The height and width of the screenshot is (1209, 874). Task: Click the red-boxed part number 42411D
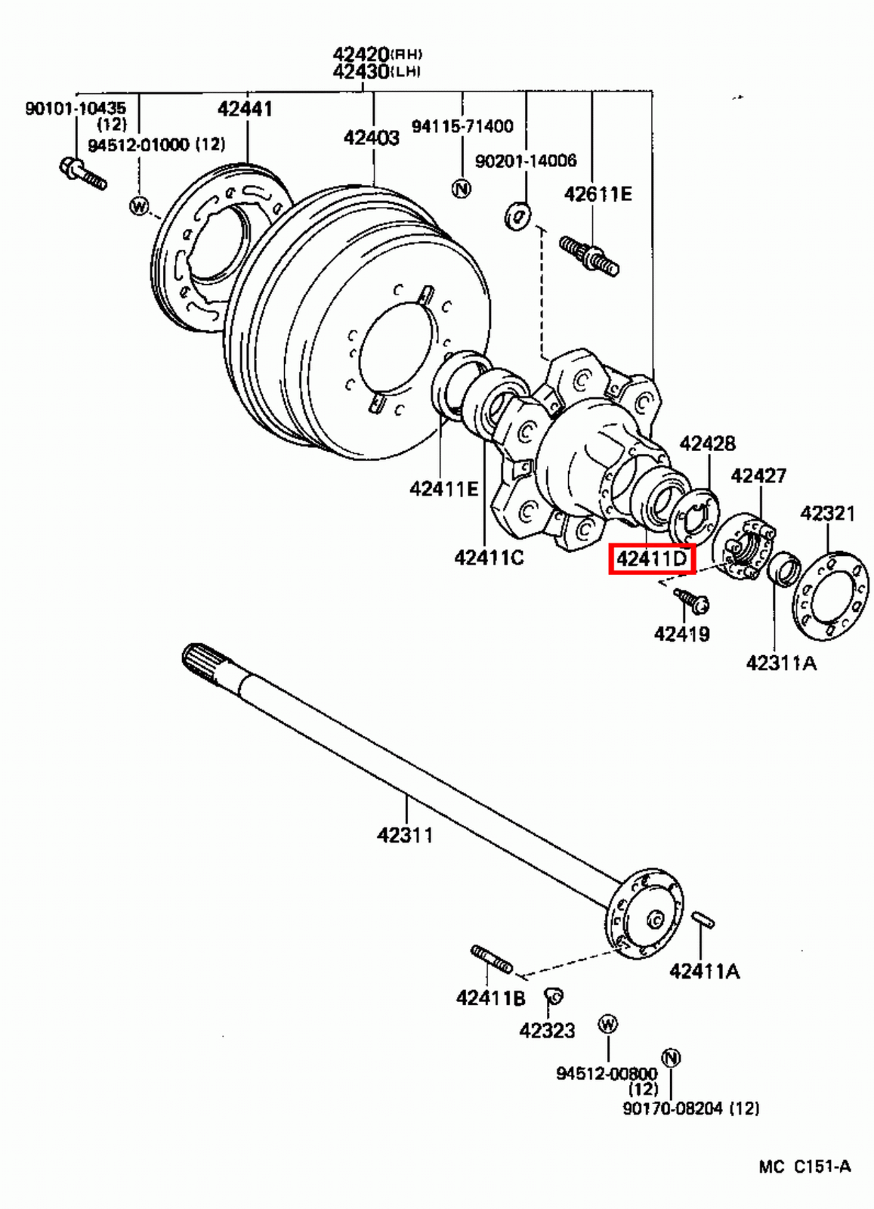(x=651, y=559)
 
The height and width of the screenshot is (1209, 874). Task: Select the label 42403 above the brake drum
(x=371, y=138)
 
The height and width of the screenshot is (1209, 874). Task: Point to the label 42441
(x=245, y=109)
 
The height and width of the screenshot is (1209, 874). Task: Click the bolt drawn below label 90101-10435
(x=82, y=173)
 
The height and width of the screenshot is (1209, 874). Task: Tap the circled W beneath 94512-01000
(x=139, y=205)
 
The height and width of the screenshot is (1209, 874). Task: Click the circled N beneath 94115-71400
(x=461, y=188)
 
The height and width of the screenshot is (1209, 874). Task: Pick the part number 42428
(x=707, y=443)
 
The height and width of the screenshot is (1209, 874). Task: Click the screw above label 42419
(x=691, y=601)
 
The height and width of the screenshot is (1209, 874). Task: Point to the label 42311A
(x=780, y=663)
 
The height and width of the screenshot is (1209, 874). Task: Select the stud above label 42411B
(x=491, y=959)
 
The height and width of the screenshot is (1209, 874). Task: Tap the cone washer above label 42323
(x=554, y=997)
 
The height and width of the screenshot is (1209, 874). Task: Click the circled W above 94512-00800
(x=607, y=1024)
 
